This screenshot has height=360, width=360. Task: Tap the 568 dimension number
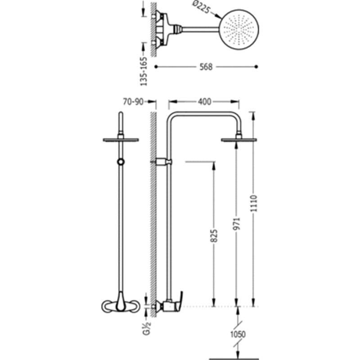click(206, 67)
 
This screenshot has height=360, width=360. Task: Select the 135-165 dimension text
click(144, 72)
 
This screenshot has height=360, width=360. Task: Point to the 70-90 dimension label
click(133, 102)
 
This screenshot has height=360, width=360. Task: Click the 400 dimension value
click(204, 102)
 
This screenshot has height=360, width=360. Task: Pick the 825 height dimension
click(214, 236)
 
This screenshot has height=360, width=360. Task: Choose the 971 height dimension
click(236, 224)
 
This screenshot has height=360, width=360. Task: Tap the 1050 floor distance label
click(238, 334)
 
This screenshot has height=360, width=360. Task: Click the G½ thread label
click(147, 328)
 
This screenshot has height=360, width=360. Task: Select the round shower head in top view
click(239, 29)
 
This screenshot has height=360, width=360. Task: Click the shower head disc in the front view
click(121, 140)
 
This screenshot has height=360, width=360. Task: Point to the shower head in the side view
click(239, 140)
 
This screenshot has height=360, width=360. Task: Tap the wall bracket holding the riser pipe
click(163, 162)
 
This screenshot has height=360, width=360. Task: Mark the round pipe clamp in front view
click(121, 162)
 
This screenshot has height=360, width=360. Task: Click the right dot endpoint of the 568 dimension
click(256, 67)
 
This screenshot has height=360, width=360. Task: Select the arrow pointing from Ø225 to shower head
click(216, 15)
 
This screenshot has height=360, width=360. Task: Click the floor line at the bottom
click(234, 359)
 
